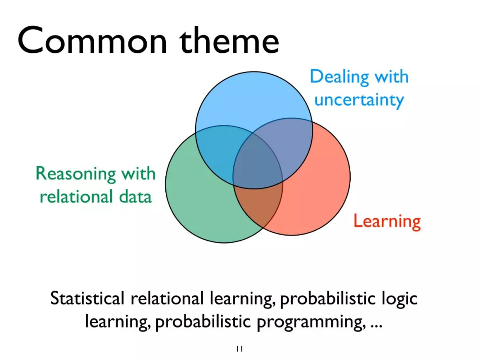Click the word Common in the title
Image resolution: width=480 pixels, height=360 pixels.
(x=92, y=41)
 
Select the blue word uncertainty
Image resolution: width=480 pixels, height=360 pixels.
(x=359, y=100)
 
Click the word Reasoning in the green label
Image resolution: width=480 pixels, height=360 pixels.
(x=76, y=174)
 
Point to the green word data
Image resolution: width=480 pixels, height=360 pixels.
(x=135, y=196)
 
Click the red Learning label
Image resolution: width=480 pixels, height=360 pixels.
(x=387, y=221)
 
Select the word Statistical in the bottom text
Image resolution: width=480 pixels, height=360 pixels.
(x=87, y=298)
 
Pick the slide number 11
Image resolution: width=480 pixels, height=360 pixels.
(x=240, y=349)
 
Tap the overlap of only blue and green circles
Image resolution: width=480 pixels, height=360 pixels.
(x=217, y=150)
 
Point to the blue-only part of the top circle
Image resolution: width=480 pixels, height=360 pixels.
(x=254, y=98)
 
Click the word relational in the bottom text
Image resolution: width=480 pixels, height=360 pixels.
(x=167, y=298)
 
